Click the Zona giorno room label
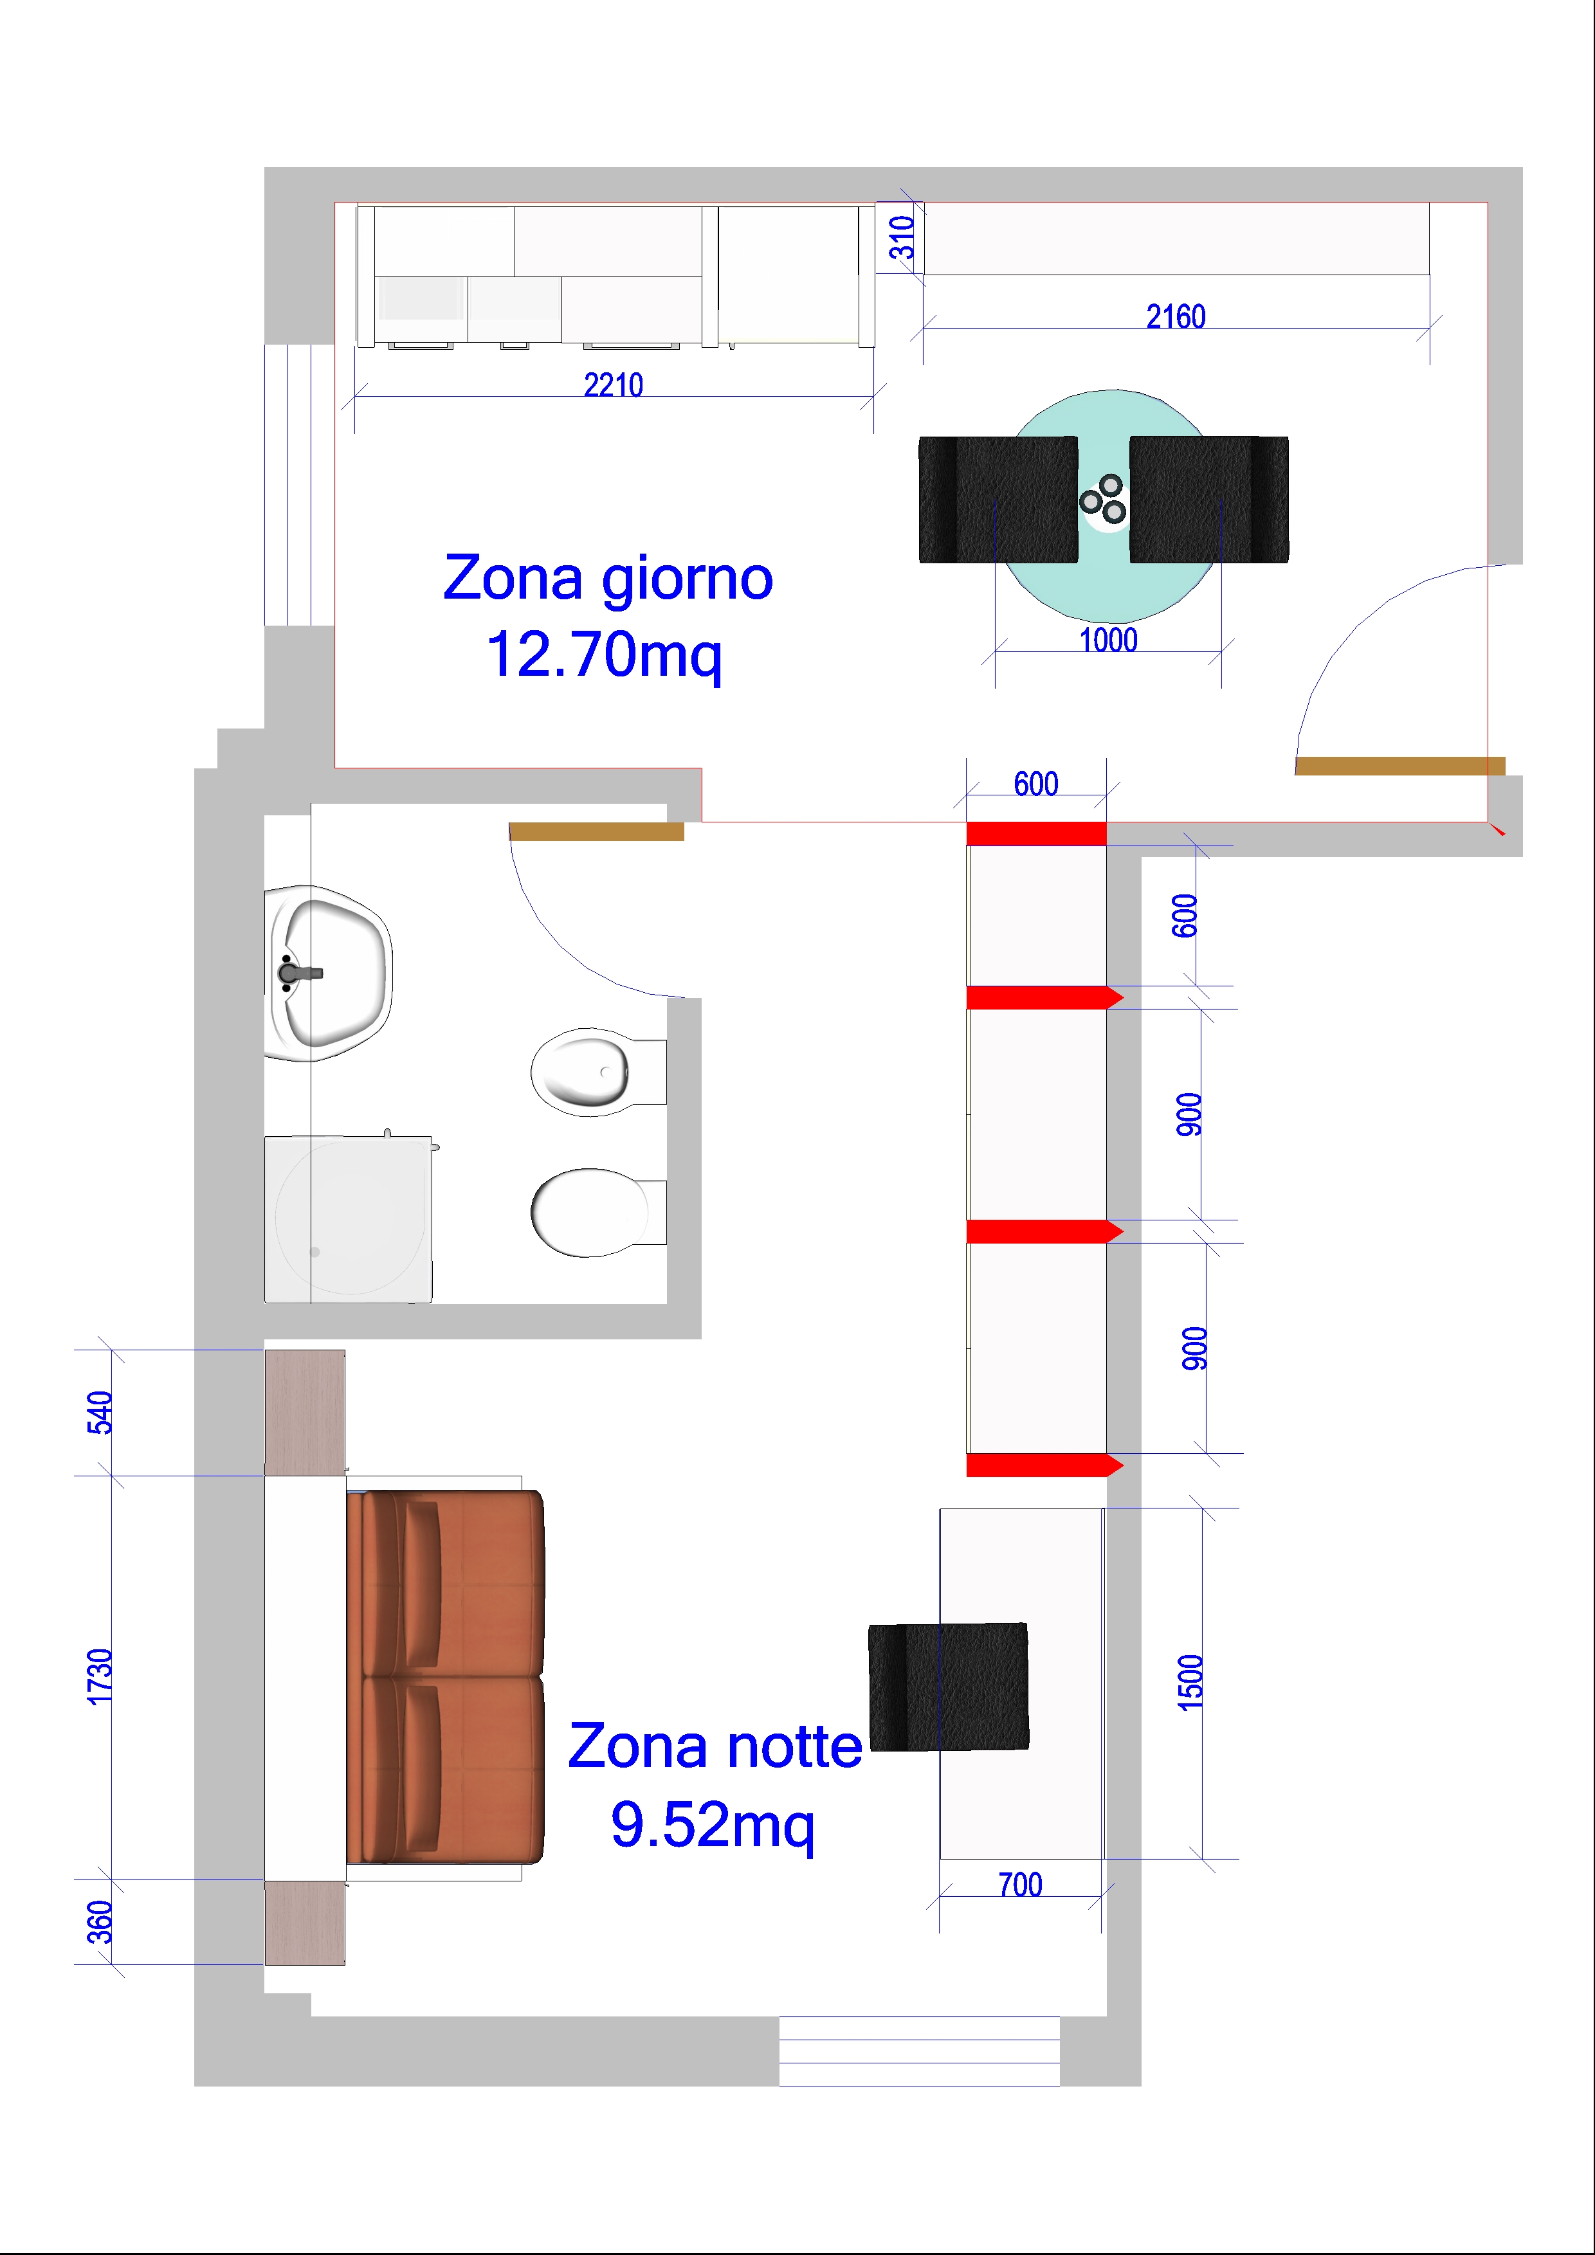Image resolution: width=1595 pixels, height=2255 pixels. coord(608,579)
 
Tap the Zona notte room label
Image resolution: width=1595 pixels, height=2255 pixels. coord(715,1747)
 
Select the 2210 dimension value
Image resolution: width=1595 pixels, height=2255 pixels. coord(614,385)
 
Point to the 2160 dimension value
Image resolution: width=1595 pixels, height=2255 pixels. coord(1176,316)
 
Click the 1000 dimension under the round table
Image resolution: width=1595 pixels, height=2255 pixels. coord(1108,640)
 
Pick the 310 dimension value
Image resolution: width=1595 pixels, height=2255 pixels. coord(902,238)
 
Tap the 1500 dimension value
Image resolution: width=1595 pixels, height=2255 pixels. coord(1189,1683)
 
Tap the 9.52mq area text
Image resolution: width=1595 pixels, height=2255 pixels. coord(712,1825)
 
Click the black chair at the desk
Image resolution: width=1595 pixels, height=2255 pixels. coord(949,1687)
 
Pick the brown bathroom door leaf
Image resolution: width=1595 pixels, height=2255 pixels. coord(596,832)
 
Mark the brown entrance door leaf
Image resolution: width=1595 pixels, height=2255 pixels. coord(1399,766)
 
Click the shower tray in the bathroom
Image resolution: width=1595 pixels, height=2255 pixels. coord(349,1219)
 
